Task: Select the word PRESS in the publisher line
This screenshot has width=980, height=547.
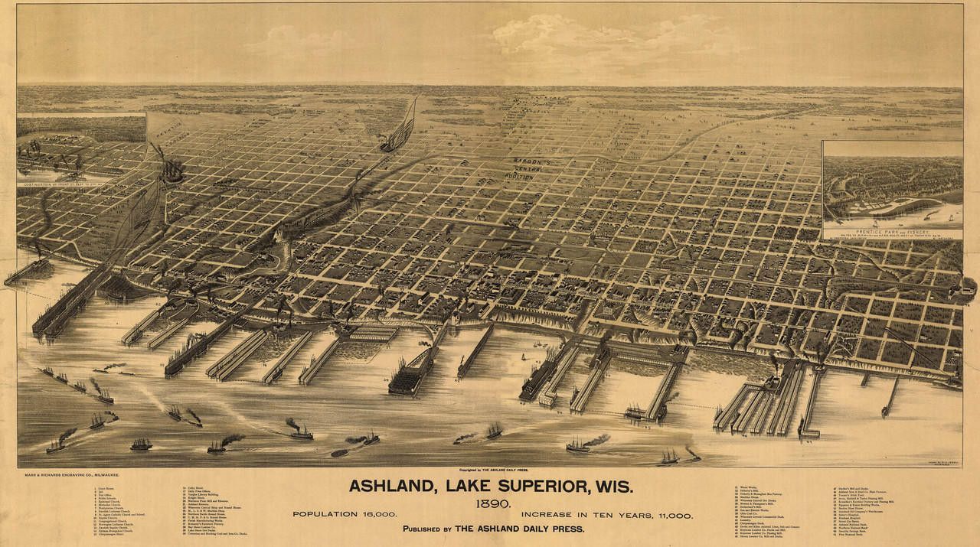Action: pos(565,529)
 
